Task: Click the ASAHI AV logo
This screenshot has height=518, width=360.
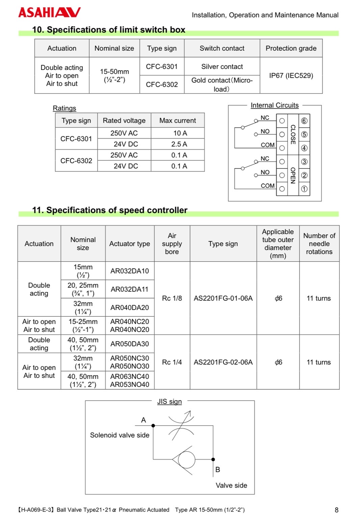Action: tap(49, 12)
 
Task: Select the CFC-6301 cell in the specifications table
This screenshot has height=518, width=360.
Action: tap(162, 67)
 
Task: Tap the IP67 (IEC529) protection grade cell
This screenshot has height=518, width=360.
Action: tap(291, 75)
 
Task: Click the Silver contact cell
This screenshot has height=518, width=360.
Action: tap(222, 67)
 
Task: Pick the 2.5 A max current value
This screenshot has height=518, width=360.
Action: tap(179, 144)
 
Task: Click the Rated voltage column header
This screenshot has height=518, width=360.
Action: tap(124, 121)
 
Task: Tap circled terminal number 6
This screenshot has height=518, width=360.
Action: tap(304, 121)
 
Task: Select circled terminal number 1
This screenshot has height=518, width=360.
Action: tap(304, 189)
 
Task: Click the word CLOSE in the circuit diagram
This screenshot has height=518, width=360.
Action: tap(293, 134)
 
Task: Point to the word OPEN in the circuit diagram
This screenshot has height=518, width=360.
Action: tap(293, 175)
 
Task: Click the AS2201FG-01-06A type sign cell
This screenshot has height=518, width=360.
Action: tap(223, 298)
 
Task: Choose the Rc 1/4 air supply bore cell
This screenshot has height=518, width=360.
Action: tap(172, 362)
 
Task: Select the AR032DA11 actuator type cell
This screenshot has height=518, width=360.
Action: tap(129, 289)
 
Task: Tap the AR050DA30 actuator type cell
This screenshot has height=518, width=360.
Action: tap(129, 344)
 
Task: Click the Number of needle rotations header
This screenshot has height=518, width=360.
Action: tap(319, 243)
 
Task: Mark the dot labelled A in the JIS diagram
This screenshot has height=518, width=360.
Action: tap(153, 425)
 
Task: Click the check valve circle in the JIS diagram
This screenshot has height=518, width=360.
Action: tap(186, 460)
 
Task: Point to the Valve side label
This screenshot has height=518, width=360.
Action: tap(231, 485)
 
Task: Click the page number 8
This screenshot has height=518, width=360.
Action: tap(336, 510)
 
